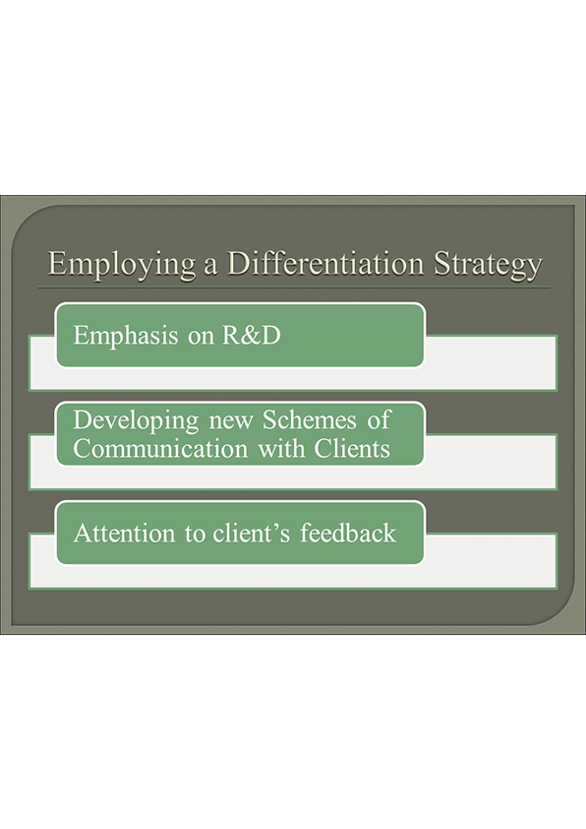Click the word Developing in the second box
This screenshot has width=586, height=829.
[x=133, y=420]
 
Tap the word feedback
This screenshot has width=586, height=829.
[x=350, y=533]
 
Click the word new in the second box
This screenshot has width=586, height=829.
[x=227, y=420]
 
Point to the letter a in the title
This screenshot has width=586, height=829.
[x=207, y=267]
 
